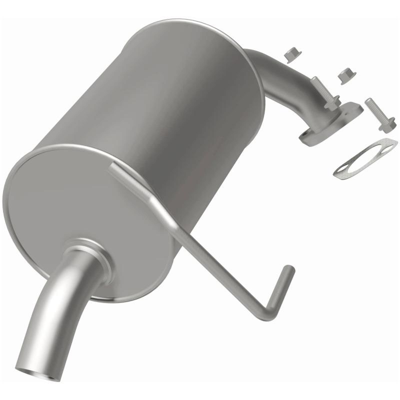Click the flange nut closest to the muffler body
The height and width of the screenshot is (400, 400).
(x=290, y=54)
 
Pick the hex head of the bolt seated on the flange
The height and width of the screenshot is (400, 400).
(x=330, y=103)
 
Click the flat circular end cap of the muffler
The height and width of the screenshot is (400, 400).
(x=75, y=200)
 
